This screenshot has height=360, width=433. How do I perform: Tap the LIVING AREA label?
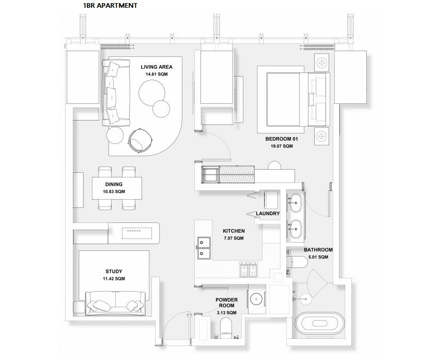coord(157,67)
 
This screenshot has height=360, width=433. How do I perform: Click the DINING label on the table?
coord(114,184)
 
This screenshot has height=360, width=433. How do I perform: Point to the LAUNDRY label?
coord(268,213)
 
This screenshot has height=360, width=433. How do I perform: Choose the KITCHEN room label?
coord(233,231)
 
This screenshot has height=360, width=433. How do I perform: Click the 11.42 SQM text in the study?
coord(114,279)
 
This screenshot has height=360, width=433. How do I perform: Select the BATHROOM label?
coord(318,249)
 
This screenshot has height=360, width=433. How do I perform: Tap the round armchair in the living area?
coord(140,140)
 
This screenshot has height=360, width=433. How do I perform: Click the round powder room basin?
coord(256,299)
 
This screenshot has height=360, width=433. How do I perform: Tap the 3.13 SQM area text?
coord(227,313)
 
